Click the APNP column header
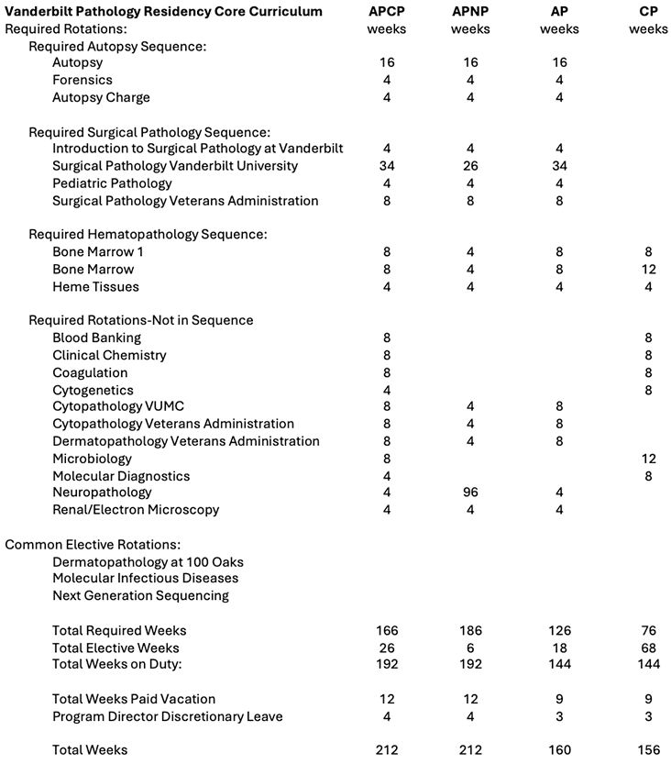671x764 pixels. coord(470,11)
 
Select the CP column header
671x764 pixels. coord(648,11)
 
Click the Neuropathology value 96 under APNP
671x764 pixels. coord(470,493)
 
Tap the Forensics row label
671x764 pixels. coord(82,80)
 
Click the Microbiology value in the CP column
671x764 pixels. coord(648,458)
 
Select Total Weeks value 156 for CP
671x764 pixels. coord(648,750)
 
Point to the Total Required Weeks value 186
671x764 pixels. coord(470,630)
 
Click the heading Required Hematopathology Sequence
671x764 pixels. coord(148,235)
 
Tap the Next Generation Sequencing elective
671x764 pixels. coord(140,595)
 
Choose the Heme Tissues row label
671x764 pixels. coord(95,286)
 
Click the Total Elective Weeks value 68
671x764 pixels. coord(648,648)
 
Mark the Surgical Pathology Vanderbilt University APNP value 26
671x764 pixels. coord(470,166)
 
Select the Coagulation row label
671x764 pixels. coord(90,372)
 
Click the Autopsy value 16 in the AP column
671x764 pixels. coord(559,62)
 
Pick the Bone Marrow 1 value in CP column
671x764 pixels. coord(648,252)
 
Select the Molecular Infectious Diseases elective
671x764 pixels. coord(145,578)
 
